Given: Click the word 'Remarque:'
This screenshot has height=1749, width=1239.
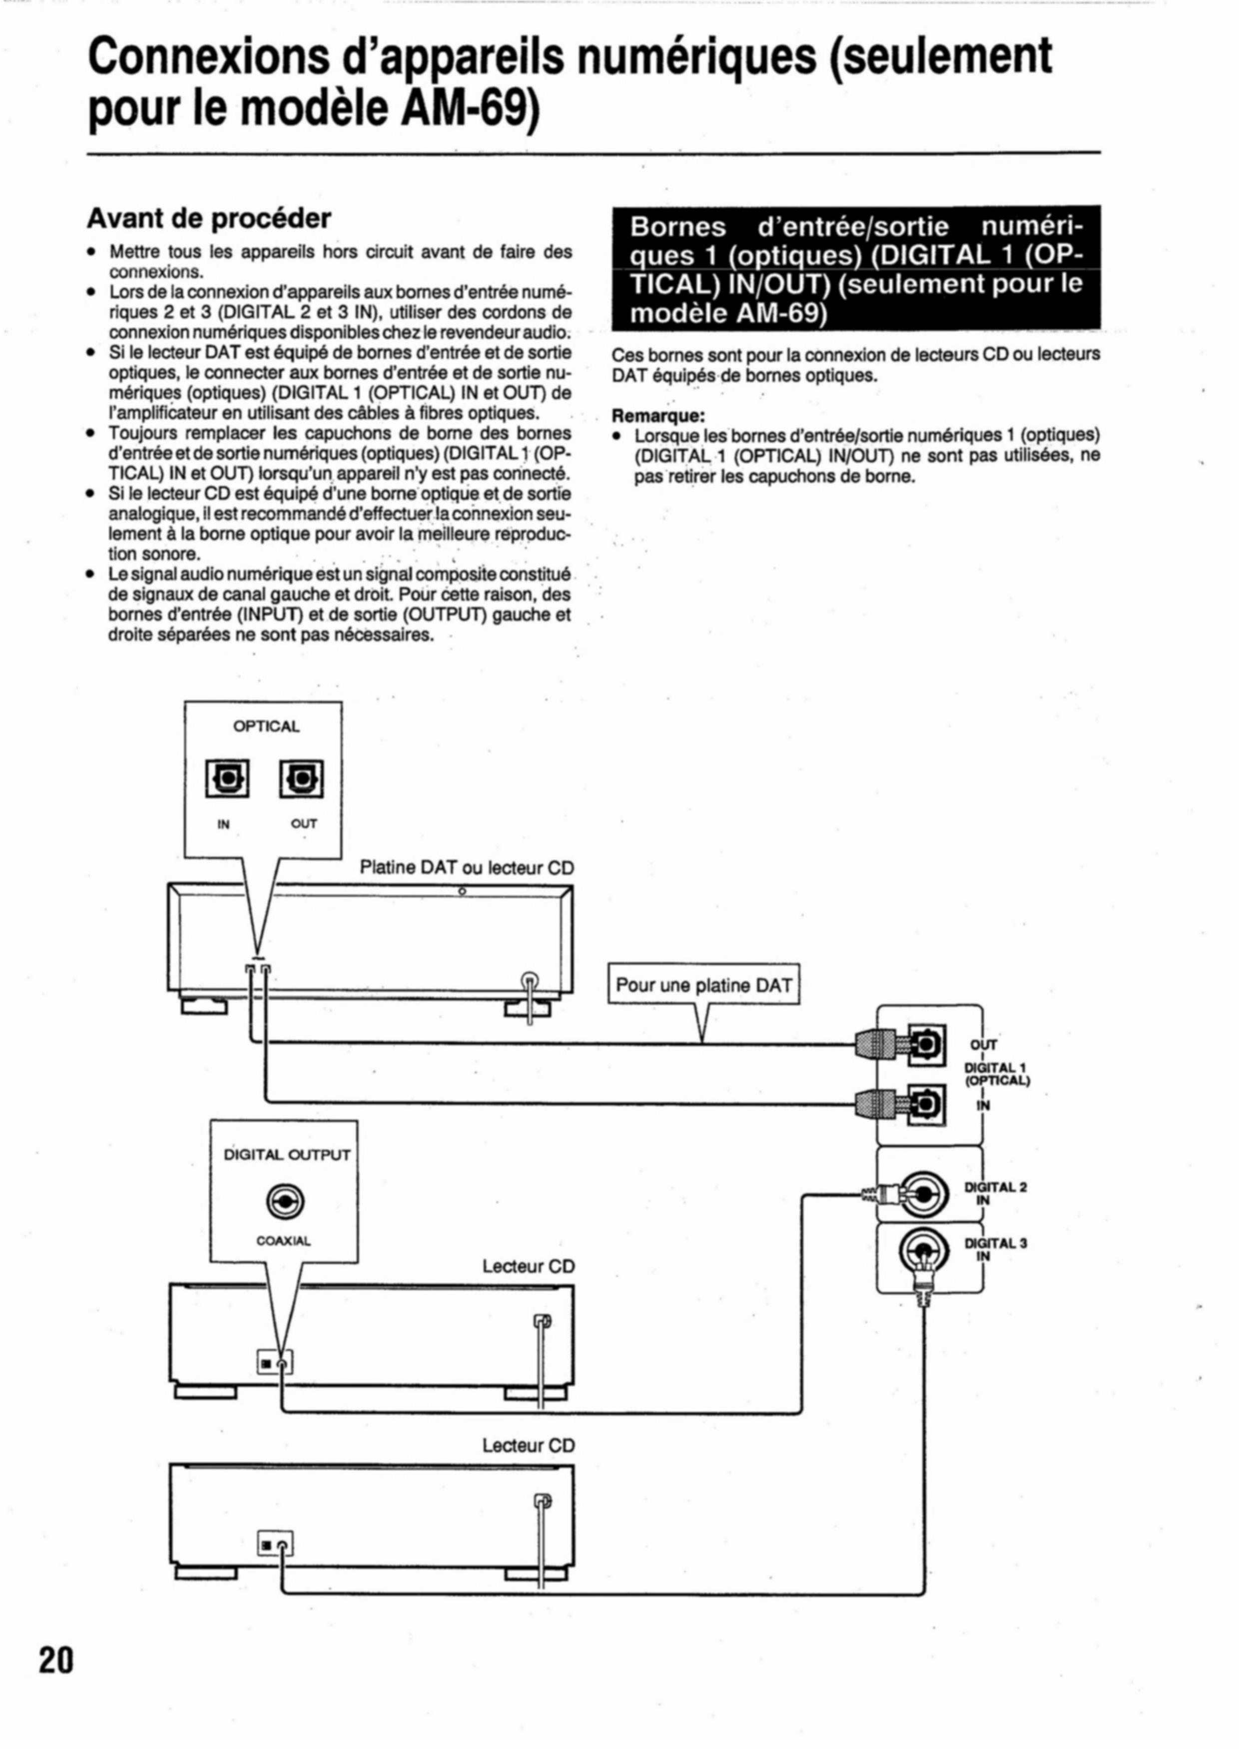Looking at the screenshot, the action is coord(658,417).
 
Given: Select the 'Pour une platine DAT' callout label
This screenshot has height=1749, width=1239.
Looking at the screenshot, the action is coord(703,985).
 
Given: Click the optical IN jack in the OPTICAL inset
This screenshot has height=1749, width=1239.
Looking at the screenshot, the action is coord(227,779).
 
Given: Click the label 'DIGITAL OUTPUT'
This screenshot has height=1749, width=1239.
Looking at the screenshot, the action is coord(287,1155).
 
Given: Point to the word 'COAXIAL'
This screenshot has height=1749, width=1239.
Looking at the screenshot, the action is coord(284,1241).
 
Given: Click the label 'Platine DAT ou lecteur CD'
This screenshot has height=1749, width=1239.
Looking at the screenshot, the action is coord(466,868).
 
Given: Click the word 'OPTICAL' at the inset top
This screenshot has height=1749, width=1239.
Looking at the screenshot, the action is coord(266,726).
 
